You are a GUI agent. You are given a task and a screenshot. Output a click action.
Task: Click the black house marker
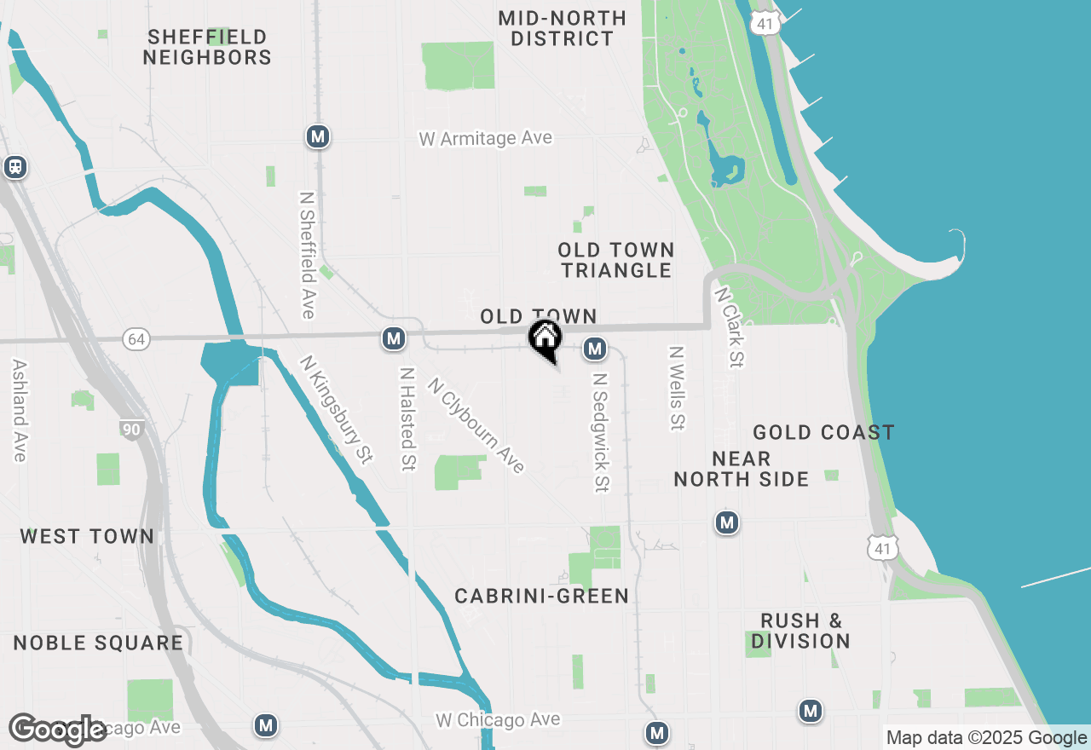point(545,339)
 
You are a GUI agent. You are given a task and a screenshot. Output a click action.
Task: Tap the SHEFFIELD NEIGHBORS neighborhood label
point(207,48)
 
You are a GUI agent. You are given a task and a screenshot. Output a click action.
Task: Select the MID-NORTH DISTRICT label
point(563,28)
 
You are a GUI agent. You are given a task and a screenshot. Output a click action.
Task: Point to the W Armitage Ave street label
point(486,138)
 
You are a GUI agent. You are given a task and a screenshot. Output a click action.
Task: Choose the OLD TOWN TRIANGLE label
point(616,260)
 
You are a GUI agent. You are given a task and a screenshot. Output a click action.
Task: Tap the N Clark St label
point(730,326)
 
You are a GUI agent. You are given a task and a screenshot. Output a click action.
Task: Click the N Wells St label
point(678,388)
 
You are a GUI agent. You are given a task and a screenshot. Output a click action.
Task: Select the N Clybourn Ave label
point(476,424)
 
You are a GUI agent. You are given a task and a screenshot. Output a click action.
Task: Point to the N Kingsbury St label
point(337,409)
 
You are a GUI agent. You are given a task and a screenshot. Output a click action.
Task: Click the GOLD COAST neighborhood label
point(823,433)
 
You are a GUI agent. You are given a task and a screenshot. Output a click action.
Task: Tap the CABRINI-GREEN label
point(542,597)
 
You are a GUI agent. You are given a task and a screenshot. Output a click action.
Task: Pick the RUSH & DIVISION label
point(800,631)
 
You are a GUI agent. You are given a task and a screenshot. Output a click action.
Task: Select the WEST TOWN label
point(87,537)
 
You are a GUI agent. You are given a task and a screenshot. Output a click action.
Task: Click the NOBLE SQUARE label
point(98,643)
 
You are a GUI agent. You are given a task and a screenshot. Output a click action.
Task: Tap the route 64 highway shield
point(136,339)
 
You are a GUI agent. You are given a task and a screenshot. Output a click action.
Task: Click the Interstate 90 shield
point(131,430)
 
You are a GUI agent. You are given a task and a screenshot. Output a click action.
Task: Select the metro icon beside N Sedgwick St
point(595,349)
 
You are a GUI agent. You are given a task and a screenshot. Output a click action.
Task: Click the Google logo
point(58,730)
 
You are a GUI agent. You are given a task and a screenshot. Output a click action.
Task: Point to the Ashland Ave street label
point(19,410)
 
